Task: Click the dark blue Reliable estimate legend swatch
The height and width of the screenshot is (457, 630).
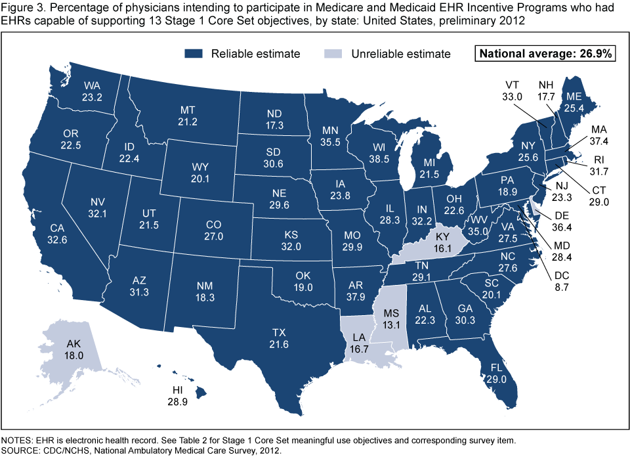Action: [x=195, y=53]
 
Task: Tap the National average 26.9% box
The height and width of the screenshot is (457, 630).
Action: [x=545, y=54]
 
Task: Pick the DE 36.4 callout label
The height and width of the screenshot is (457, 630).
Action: [x=561, y=221]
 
